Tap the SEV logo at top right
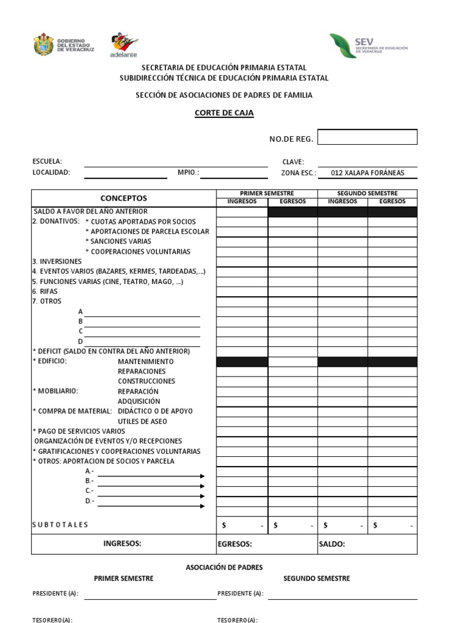[x=368, y=46]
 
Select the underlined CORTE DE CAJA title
[x=224, y=113]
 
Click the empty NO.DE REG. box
[x=367, y=137]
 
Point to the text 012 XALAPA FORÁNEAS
[x=367, y=173]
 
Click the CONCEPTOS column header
[x=123, y=198]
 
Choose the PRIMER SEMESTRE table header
[x=266, y=193]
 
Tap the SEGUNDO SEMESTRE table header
[x=367, y=193]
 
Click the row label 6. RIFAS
[x=45, y=291]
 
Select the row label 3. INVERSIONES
[x=57, y=261]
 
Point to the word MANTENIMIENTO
[x=145, y=361]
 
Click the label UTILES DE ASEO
[x=142, y=421]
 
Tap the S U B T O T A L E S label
[x=60, y=524]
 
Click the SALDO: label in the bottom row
[x=332, y=545]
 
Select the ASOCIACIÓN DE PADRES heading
[x=224, y=567]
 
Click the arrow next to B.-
[x=151, y=486]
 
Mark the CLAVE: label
[x=293, y=161]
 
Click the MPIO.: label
[x=188, y=172]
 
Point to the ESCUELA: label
[x=47, y=161]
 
